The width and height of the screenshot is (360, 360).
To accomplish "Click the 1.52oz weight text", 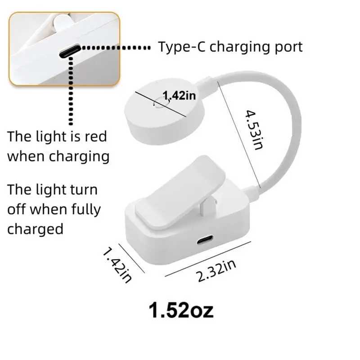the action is click(181, 310).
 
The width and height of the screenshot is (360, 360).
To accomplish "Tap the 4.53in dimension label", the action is click(254, 130).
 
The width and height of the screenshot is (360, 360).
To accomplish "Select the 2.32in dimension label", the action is click(216, 271).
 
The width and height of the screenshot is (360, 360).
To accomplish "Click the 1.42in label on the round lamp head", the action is click(179, 95).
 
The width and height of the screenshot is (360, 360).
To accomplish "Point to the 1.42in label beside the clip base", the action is click(117, 265).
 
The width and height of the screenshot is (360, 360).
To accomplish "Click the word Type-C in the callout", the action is click(181, 47).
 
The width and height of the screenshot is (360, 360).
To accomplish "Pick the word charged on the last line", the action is click(35, 229).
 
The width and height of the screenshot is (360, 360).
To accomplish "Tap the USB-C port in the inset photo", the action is click(70, 51).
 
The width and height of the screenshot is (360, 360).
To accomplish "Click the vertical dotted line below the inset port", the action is click(71, 91).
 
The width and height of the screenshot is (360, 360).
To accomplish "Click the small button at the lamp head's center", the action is click(161, 103).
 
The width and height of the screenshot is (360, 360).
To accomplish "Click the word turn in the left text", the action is click(84, 190).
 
